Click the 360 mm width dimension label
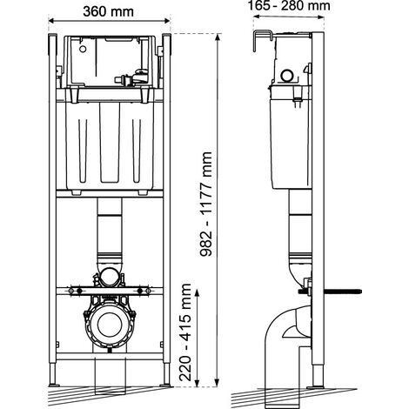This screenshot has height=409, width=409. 108,11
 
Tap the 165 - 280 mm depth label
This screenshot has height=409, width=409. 289,5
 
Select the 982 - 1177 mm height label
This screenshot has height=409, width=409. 206,204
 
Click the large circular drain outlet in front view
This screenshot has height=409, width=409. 109,325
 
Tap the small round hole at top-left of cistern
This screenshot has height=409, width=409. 83,49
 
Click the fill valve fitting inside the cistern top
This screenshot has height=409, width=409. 132,78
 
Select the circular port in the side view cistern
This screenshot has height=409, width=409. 288,76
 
